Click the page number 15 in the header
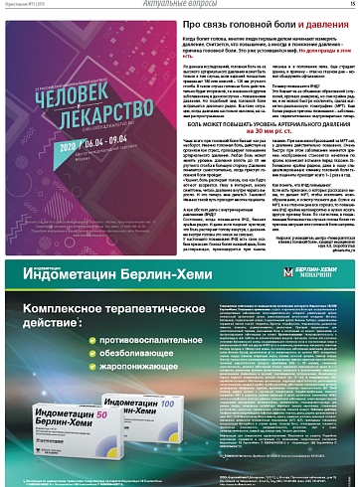[x=351, y=4]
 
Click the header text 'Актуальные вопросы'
[x=179, y=5]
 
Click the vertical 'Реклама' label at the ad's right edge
[x=354, y=378]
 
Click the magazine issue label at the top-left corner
[x=25, y=5]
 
